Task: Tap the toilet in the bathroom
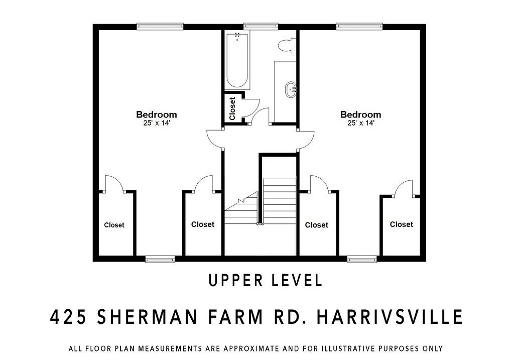pyautogui.click(x=286, y=45)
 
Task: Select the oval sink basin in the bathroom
pyautogui.click(x=291, y=90)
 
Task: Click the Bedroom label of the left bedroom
pyautogui.click(x=157, y=114)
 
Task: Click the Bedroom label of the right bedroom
pyautogui.click(x=360, y=114)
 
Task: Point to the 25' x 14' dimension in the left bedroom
pyautogui.click(x=157, y=123)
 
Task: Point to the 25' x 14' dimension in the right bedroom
pyautogui.click(x=360, y=123)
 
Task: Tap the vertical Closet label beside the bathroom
pyautogui.click(x=232, y=108)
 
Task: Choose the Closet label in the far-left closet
pyautogui.click(x=114, y=225)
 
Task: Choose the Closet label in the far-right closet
pyautogui.click(x=402, y=224)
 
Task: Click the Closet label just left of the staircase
pyautogui.click(x=203, y=224)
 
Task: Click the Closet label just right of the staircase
pyautogui.click(x=317, y=225)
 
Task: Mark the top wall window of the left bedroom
pyautogui.click(x=160, y=27)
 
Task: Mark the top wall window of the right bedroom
pyautogui.click(x=359, y=27)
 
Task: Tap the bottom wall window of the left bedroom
pyautogui.click(x=160, y=259)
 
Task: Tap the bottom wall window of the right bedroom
pyautogui.click(x=362, y=259)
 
